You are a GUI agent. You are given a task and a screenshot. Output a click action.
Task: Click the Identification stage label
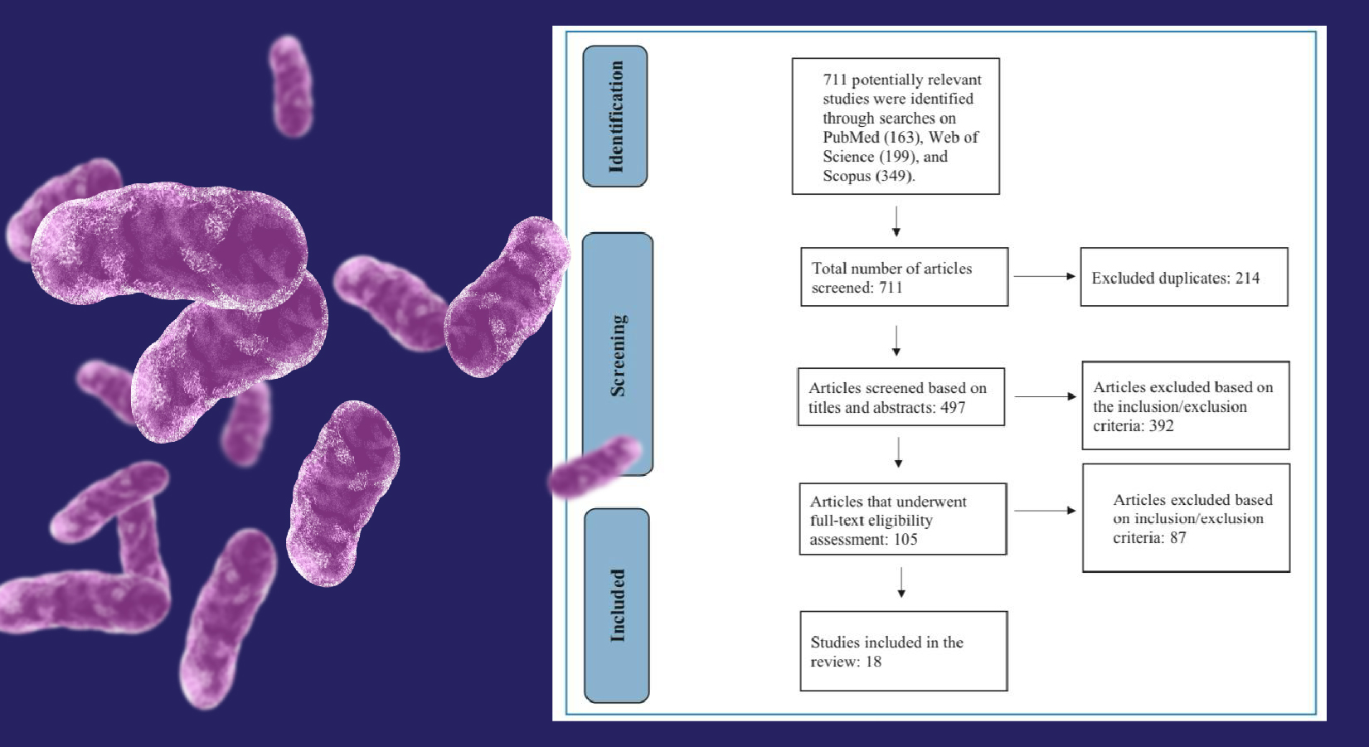pos(615,116)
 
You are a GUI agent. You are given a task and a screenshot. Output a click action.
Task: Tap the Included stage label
pos(617,605)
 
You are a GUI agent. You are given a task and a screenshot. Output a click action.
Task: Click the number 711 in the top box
pos(835,80)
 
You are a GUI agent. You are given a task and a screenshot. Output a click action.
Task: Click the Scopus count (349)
pos(895,176)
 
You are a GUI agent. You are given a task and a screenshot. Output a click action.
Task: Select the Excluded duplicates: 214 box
pos(1184,277)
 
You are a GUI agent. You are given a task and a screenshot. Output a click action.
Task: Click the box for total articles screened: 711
pos(905,277)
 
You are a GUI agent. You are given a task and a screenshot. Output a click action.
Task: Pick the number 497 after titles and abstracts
pos(953,408)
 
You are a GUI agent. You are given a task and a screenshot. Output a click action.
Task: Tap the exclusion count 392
pos(1161,426)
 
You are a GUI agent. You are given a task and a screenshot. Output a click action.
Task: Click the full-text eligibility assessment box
pos(903,519)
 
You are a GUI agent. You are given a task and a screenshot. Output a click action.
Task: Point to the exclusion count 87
pos(1177,538)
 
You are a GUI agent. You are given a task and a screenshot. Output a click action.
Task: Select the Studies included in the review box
pos(904,651)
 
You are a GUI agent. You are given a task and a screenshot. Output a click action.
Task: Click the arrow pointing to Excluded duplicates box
pos(1045,276)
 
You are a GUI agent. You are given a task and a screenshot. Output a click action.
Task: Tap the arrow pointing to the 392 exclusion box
pos(1045,397)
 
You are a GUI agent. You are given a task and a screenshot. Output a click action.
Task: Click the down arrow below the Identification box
pos(896,221)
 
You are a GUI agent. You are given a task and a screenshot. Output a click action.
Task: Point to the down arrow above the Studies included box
pos(901,583)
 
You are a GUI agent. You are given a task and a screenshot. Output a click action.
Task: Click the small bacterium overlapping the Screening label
pos(595,467)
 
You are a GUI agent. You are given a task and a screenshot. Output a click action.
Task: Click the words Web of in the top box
pos(953,137)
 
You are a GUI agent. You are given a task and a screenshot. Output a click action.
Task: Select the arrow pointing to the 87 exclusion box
pos(1045,511)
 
